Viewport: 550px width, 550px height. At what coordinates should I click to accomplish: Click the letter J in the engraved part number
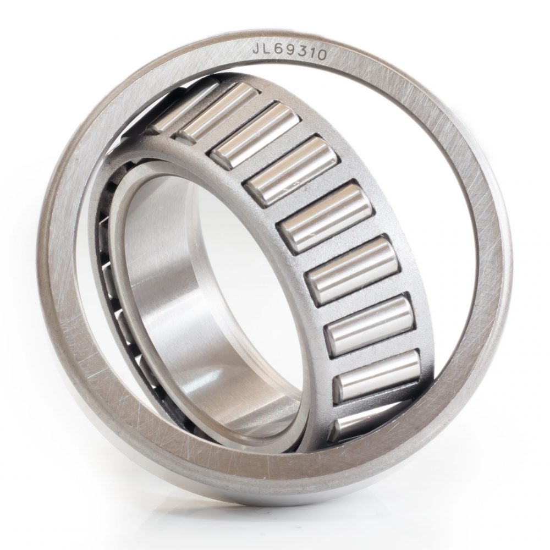point(257,49)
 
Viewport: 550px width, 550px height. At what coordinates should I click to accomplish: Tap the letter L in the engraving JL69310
point(267,49)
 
